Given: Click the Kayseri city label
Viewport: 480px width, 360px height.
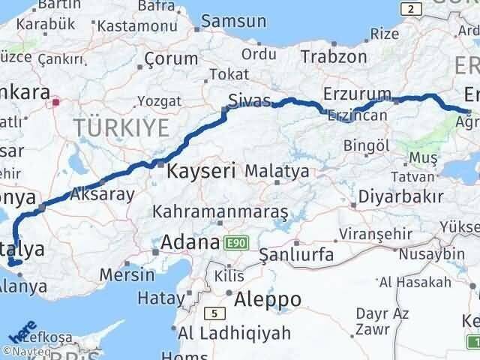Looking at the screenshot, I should [x=202, y=170].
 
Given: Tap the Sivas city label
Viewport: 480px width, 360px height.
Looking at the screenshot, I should [x=250, y=100].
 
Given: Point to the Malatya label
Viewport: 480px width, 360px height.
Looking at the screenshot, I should [x=277, y=171].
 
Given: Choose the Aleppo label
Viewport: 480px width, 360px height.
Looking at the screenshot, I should [x=268, y=299].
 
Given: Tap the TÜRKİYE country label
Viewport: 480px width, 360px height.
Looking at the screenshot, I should [x=121, y=127].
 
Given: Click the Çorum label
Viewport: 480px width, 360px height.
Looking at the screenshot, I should [x=171, y=58].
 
